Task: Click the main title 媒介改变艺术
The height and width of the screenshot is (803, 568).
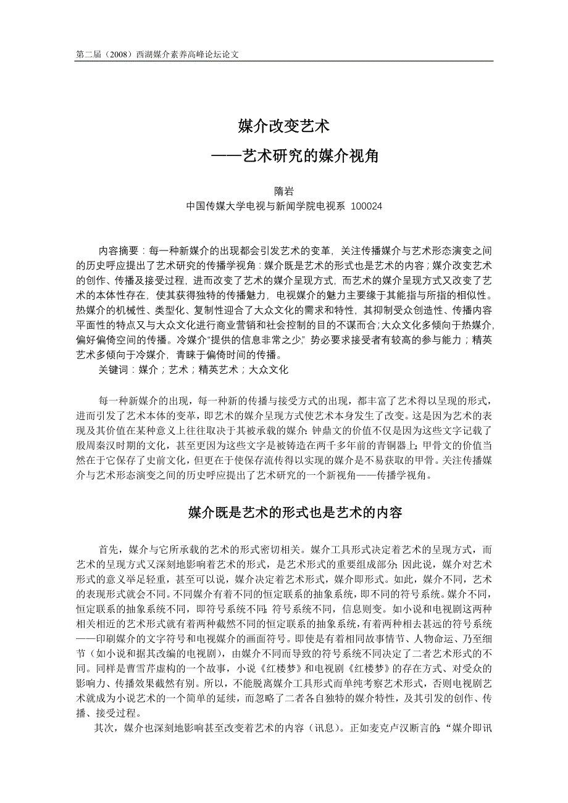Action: point(284,127)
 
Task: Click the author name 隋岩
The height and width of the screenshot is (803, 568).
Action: point(284,192)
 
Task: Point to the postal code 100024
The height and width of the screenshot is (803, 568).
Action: point(366,207)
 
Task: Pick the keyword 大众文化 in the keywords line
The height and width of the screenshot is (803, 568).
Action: point(269,369)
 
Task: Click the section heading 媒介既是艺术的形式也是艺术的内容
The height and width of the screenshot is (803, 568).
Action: point(295,512)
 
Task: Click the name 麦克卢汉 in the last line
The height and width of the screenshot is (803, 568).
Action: point(395,728)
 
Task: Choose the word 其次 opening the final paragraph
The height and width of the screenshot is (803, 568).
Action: point(103,728)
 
